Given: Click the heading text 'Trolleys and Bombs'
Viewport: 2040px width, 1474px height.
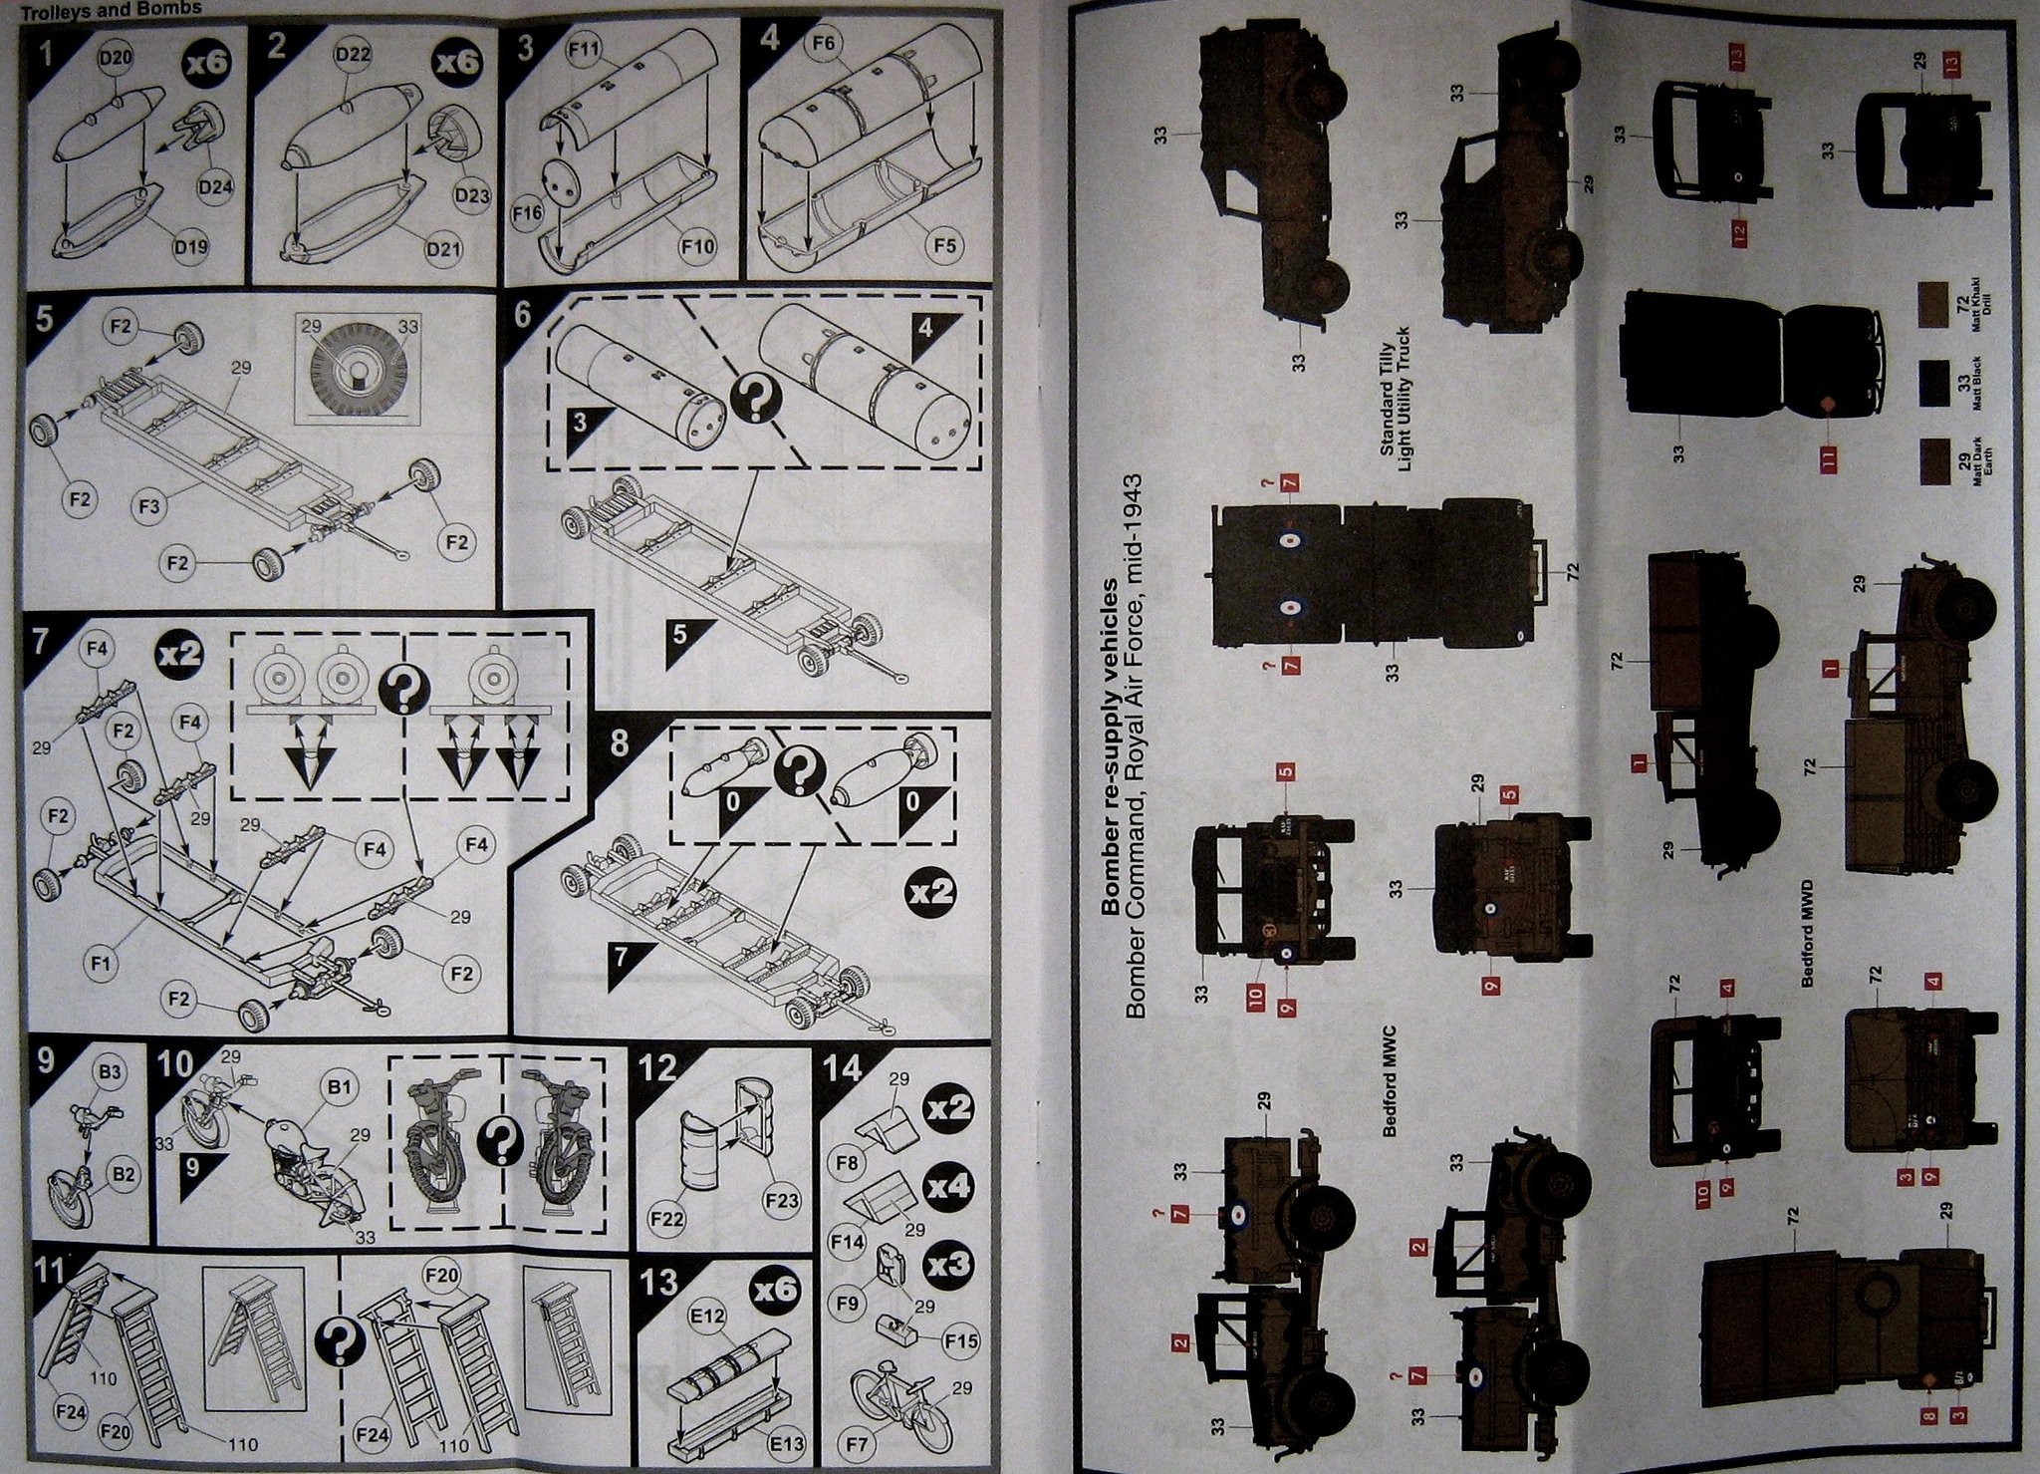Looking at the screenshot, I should tap(112, 8).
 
